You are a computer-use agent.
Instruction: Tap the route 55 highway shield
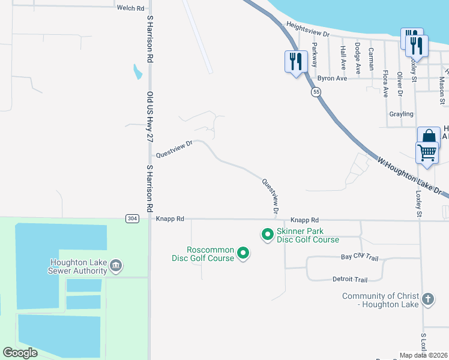point(316,92)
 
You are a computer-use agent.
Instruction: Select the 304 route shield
point(133,218)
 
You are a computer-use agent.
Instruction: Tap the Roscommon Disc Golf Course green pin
point(243,254)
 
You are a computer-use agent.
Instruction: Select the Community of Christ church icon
point(427,299)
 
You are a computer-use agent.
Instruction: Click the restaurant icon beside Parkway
point(296,61)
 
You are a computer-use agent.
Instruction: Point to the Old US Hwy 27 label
point(151,116)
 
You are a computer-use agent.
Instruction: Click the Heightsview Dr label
point(309,31)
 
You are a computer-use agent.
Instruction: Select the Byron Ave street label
point(333,79)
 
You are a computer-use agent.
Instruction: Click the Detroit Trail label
point(349,280)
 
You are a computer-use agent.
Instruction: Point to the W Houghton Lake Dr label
point(410,176)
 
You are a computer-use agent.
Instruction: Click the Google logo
point(20,353)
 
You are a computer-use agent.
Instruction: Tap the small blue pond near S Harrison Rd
point(137,72)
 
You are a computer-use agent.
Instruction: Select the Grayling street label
point(401,114)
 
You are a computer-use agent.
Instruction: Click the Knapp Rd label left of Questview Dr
point(170,220)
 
